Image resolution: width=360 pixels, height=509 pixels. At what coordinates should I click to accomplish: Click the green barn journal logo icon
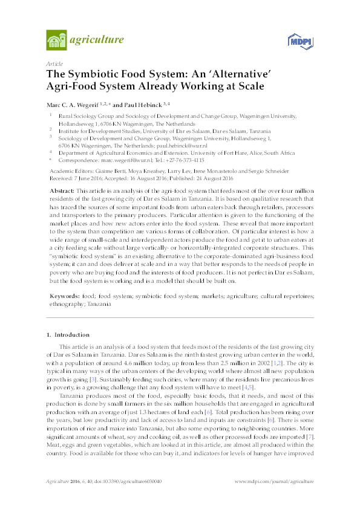[x=56, y=41]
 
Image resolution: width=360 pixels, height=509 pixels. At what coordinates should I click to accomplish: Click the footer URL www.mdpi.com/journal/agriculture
[x=273, y=499]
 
